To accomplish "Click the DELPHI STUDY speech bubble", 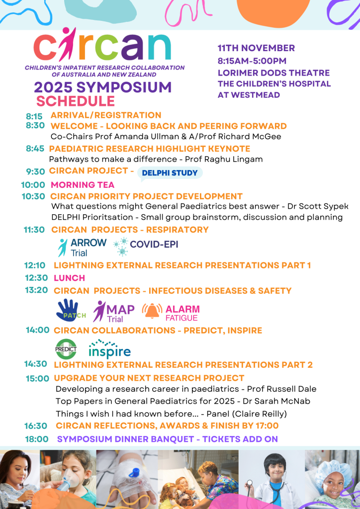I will (170, 173).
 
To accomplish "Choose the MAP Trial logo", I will (114, 312).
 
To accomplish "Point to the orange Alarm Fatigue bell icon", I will (152, 311).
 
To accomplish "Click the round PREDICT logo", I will (66, 349).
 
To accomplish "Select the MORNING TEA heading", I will (83, 185).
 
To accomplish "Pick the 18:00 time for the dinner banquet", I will (37, 439).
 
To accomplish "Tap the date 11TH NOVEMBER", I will (256, 48).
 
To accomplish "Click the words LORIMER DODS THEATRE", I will (273, 73).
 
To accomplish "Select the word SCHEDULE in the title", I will (76, 101).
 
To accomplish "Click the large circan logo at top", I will (102, 45).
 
